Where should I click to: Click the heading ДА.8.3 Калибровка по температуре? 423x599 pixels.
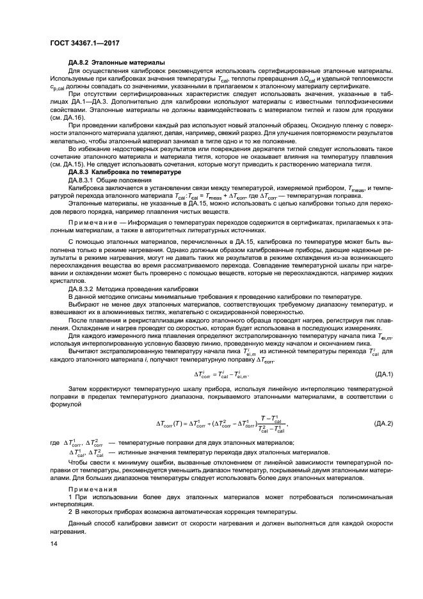coord(125,173)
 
